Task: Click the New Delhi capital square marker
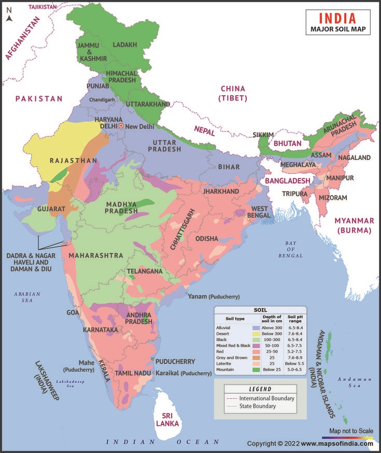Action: click(x=121, y=126)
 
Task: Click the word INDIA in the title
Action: click(x=337, y=18)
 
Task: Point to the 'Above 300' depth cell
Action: click(x=272, y=328)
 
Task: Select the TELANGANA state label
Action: click(x=145, y=271)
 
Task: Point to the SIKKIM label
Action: click(x=263, y=135)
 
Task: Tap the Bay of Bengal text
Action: click(x=293, y=249)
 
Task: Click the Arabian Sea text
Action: click(x=24, y=297)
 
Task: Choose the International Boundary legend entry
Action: click(x=266, y=398)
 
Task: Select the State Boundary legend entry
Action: click(x=258, y=406)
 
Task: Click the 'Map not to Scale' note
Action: click(x=351, y=431)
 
